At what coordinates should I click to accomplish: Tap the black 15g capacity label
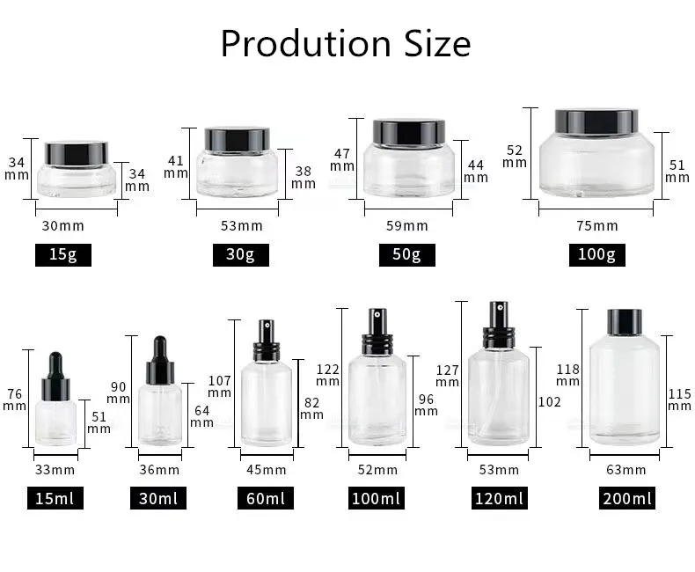pyautogui.click(x=62, y=255)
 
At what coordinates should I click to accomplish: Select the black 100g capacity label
pyautogui.click(x=596, y=255)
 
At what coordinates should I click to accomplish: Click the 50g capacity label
pyautogui.click(x=406, y=255)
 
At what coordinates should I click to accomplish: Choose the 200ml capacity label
pyautogui.click(x=627, y=499)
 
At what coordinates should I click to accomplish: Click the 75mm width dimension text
pyautogui.click(x=596, y=226)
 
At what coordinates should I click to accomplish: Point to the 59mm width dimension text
pyautogui.click(x=407, y=226)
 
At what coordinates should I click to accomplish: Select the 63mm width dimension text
pyautogui.click(x=625, y=470)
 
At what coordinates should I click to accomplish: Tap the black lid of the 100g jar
pyautogui.click(x=596, y=120)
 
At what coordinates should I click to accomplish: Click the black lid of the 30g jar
pyautogui.click(x=237, y=138)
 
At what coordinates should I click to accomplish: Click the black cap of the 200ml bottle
pyautogui.click(x=625, y=321)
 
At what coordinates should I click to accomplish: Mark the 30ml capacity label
pyautogui.click(x=158, y=499)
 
